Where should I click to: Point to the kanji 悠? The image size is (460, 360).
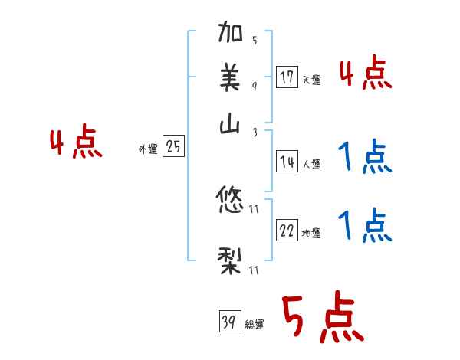coord(232,201)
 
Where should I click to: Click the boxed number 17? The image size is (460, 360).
coord(287,77)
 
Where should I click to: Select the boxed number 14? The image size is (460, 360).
coord(287,162)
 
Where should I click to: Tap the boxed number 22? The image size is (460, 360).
coord(287,231)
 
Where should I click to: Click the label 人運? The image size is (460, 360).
coord(311,164)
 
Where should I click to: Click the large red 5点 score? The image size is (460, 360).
coord(322,317)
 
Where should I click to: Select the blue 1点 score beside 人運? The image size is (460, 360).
coord(366,157)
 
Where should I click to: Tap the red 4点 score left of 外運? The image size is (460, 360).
coord(76,144)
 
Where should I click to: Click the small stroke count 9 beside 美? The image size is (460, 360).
coord(254,86)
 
